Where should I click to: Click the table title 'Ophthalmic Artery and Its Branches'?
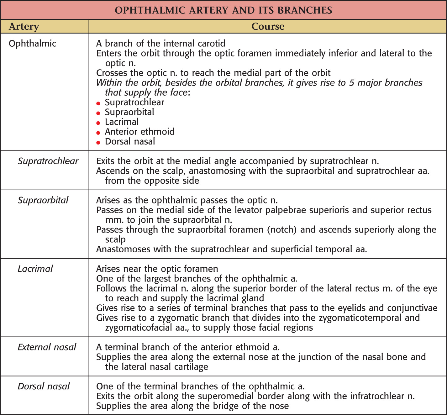[x=223, y=10]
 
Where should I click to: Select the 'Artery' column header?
[x=24, y=27]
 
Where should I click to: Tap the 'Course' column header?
[x=268, y=27]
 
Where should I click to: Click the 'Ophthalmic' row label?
[x=32, y=44]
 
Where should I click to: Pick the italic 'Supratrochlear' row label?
[x=48, y=161]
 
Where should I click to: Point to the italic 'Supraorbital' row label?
[x=43, y=200]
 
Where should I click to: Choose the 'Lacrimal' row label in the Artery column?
[x=35, y=269]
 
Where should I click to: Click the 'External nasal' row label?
[x=47, y=347]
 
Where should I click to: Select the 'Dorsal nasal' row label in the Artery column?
[x=44, y=386]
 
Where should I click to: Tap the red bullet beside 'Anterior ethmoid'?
[x=98, y=133]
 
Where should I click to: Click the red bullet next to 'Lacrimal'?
[x=98, y=123]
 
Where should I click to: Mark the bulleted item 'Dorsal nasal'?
[x=130, y=142]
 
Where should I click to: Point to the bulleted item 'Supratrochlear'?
[x=134, y=102]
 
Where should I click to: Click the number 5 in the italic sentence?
[x=352, y=83]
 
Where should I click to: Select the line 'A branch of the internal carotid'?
[x=160, y=44]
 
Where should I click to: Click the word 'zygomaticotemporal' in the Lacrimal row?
[x=360, y=318]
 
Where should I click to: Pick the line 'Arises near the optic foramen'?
[x=157, y=269]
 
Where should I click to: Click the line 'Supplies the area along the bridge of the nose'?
[x=192, y=406]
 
